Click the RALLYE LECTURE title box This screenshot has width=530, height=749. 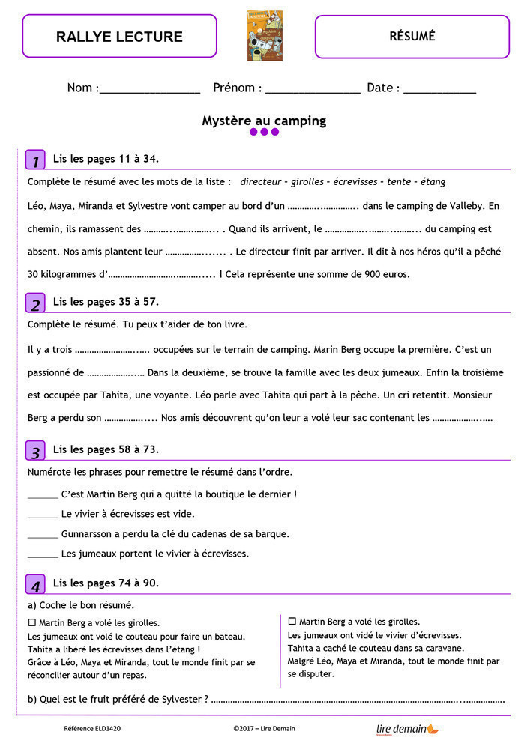[119, 36]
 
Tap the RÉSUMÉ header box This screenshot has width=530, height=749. [412, 36]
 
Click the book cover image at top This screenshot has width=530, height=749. [265, 35]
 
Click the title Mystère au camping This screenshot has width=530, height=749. [264, 121]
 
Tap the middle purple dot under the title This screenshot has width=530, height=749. [265, 132]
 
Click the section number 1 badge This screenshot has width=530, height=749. [35, 160]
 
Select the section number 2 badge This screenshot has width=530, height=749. [35, 303]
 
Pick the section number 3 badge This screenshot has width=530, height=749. [35, 451]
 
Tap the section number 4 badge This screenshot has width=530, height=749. [35, 584]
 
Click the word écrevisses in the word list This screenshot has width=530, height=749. [355, 182]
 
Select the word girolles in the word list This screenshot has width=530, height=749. [306, 182]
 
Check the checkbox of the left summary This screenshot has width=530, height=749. [31, 622]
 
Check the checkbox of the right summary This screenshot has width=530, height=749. [292, 622]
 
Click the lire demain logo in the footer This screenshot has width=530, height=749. [407, 728]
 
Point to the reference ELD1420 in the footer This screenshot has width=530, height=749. [92, 728]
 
